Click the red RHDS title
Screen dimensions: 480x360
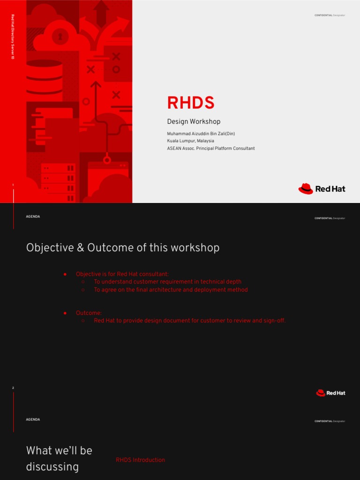(191, 103)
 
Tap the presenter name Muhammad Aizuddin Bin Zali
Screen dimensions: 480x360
(201, 134)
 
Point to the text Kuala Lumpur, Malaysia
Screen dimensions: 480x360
(190, 141)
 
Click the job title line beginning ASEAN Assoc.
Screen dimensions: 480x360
(210, 148)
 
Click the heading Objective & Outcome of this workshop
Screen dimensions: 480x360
(123, 247)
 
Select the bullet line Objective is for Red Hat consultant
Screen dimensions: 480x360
(122, 274)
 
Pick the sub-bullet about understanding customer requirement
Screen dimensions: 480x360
(167, 282)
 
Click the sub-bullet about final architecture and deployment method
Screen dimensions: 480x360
(171, 290)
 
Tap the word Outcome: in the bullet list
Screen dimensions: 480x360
(89, 313)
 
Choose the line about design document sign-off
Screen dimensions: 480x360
(189, 321)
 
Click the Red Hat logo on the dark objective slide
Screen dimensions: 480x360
(330, 393)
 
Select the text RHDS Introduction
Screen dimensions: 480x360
(140, 460)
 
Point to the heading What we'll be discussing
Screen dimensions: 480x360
(59, 458)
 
